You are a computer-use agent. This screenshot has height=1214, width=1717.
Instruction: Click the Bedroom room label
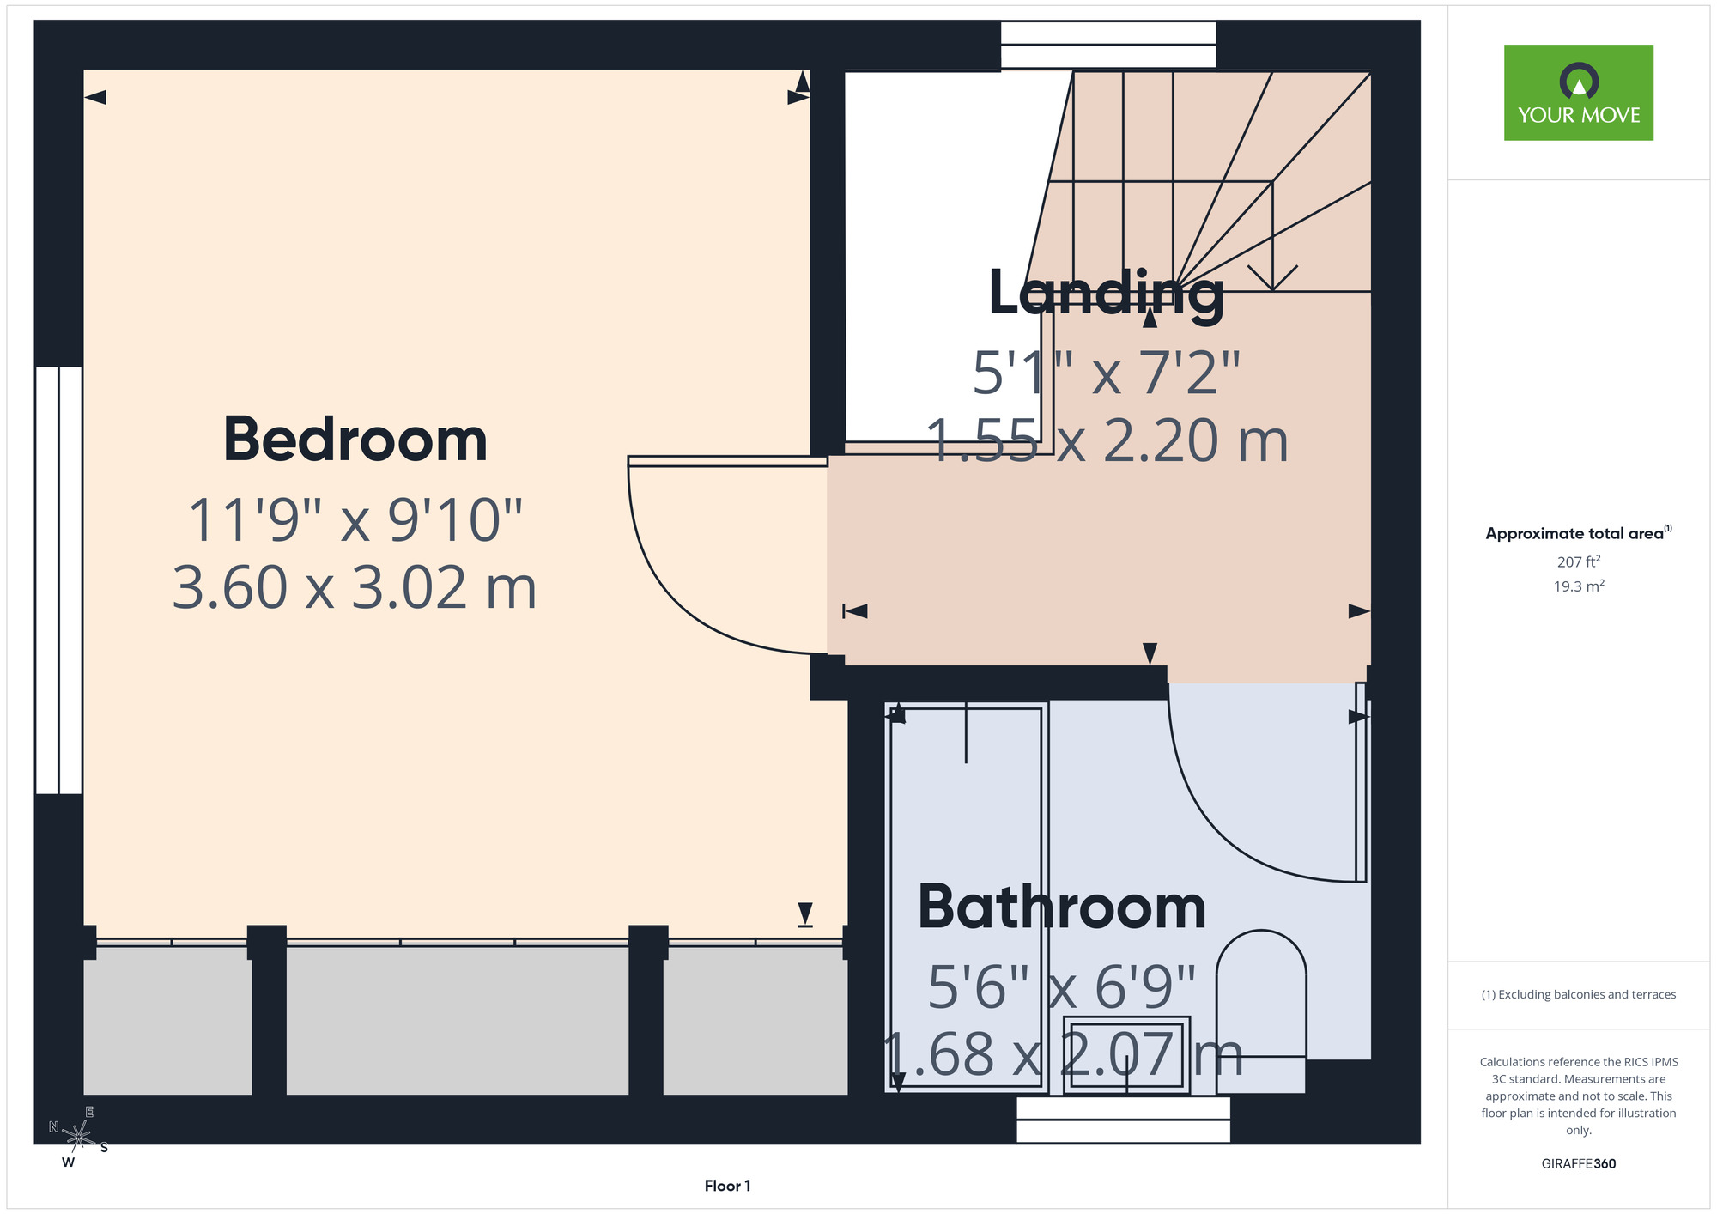click(355, 440)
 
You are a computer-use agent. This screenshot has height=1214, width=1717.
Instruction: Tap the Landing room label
click(1107, 294)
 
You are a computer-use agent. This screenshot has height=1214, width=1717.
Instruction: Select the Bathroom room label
click(1062, 907)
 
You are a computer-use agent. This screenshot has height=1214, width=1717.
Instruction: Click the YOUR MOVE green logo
click(1578, 93)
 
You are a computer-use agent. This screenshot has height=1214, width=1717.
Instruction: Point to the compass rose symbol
click(78, 1138)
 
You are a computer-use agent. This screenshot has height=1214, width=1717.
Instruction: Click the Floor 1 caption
click(727, 1186)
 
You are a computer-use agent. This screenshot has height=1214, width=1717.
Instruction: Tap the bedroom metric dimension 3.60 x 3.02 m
click(355, 588)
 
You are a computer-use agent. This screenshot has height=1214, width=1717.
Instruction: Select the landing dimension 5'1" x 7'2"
click(1107, 373)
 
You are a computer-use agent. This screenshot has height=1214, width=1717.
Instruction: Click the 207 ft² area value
click(1579, 562)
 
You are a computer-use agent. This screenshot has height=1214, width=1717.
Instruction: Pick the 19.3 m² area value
click(1579, 586)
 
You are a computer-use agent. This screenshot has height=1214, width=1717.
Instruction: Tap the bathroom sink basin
click(1126, 1055)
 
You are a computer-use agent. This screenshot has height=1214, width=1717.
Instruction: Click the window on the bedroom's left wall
click(58, 580)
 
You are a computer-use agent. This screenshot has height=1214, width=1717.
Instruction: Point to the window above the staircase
click(1108, 45)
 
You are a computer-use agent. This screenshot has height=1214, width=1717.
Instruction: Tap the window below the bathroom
click(1123, 1120)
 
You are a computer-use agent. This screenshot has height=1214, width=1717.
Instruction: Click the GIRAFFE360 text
click(1578, 1164)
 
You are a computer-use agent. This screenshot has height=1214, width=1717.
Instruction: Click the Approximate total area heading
click(1578, 533)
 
